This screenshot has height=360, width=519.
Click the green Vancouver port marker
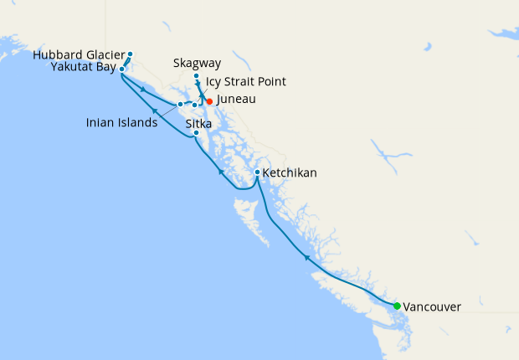[x=397, y=306]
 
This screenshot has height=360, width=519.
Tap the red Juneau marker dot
[x=209, y=101]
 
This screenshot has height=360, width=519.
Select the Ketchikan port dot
[x=257, y=172]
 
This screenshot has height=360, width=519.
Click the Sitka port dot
[x=196, y=133]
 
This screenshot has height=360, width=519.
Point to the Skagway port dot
[x=196, y=76]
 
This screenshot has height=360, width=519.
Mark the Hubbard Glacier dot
[x=130, y=54]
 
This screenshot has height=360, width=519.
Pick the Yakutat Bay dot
[x=122, y=69]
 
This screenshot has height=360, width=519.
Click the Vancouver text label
[x=432, y=307]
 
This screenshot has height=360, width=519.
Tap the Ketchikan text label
[x=290, y=173]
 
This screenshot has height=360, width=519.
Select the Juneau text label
[x=236, y=100]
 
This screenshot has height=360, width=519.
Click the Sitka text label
[x=198, y=123]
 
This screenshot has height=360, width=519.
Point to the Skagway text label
[x=198, y=63]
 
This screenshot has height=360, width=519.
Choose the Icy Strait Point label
[x=246, y=82]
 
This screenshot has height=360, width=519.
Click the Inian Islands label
[x=121, y=123]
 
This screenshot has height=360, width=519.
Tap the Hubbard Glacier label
[x=80, y=55]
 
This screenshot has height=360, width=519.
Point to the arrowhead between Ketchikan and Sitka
[x=220, y=171]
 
